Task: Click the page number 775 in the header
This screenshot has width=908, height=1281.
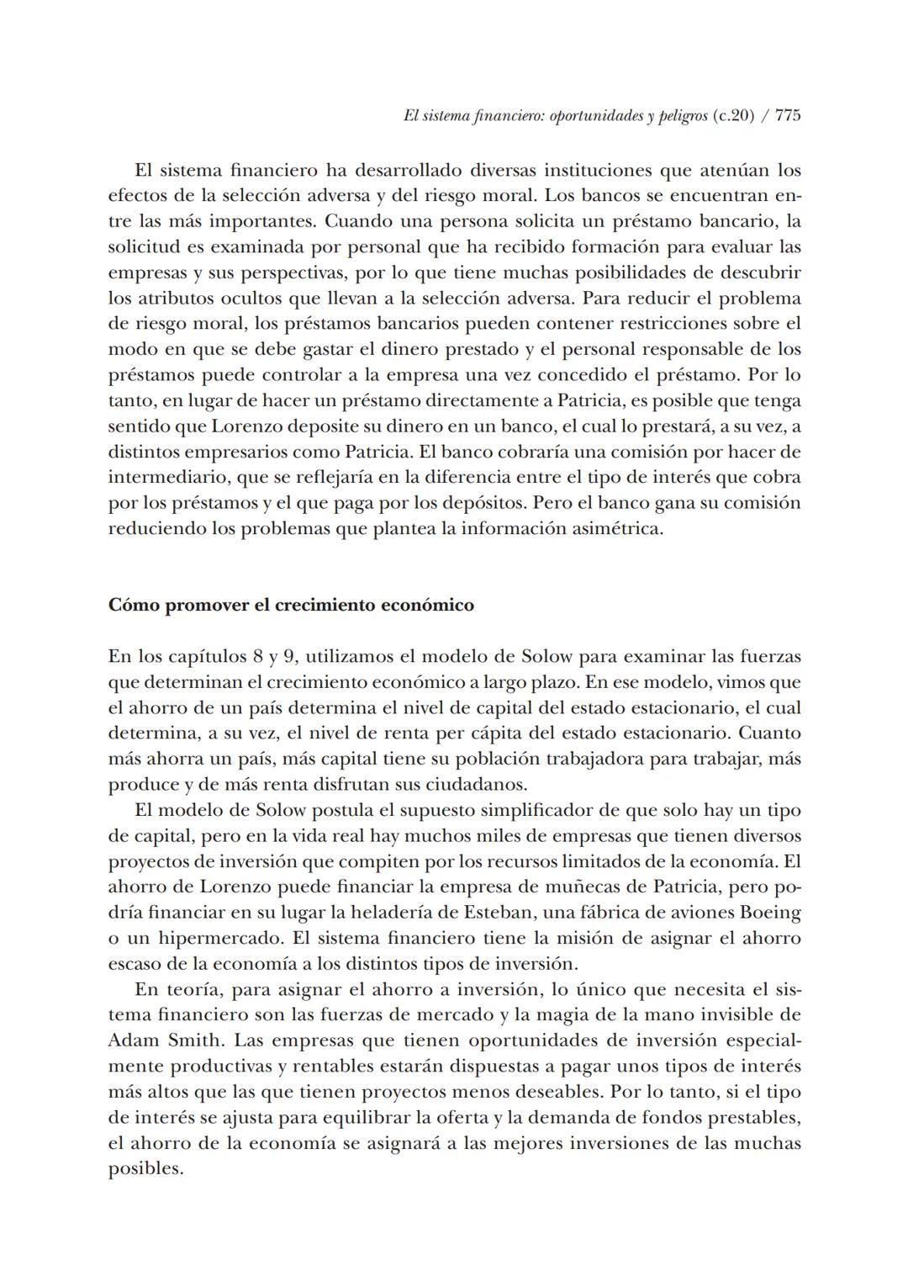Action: point(788,116)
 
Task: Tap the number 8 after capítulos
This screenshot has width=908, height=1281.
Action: point(260,656)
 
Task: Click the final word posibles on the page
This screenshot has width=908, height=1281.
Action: point(145,1169)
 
